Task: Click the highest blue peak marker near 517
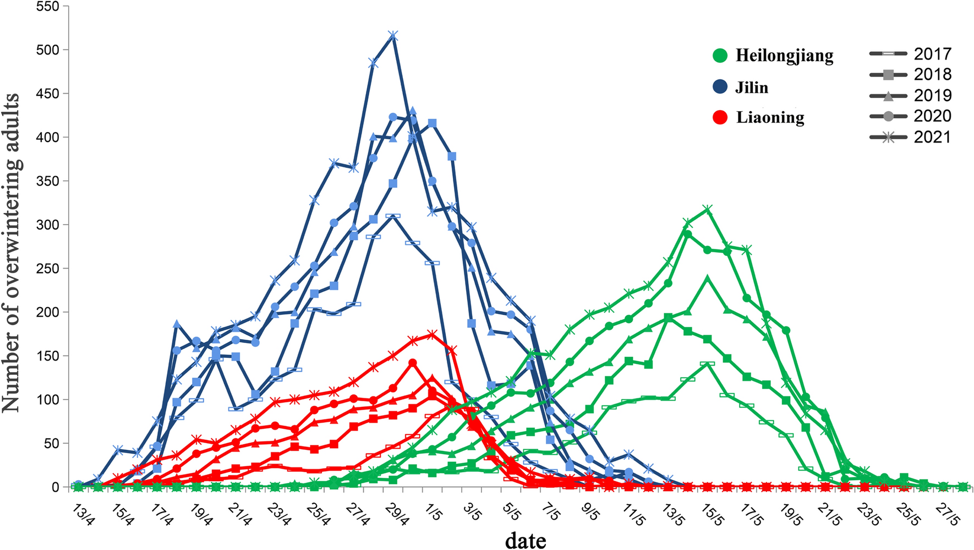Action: [x=392, y=35]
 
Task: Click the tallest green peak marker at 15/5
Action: [x=708, y=210]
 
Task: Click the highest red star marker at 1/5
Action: [x=432, y=334]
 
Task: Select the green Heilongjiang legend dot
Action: [x=720, y=56]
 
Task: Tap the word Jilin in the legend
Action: [x=752, y=88]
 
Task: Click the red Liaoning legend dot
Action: [x=720, y=117]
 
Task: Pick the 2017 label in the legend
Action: [x=932, y=53]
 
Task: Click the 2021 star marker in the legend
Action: [x=888, y=137]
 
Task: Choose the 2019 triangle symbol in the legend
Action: [x=888, y=96]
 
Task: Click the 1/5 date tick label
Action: [x=434, y=513]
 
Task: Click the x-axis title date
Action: [x=526, y=540]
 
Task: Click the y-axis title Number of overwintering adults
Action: [x=12, y=252]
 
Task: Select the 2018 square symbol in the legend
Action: [x=888, y=74]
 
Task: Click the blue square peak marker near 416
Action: [x=433, y=123]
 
